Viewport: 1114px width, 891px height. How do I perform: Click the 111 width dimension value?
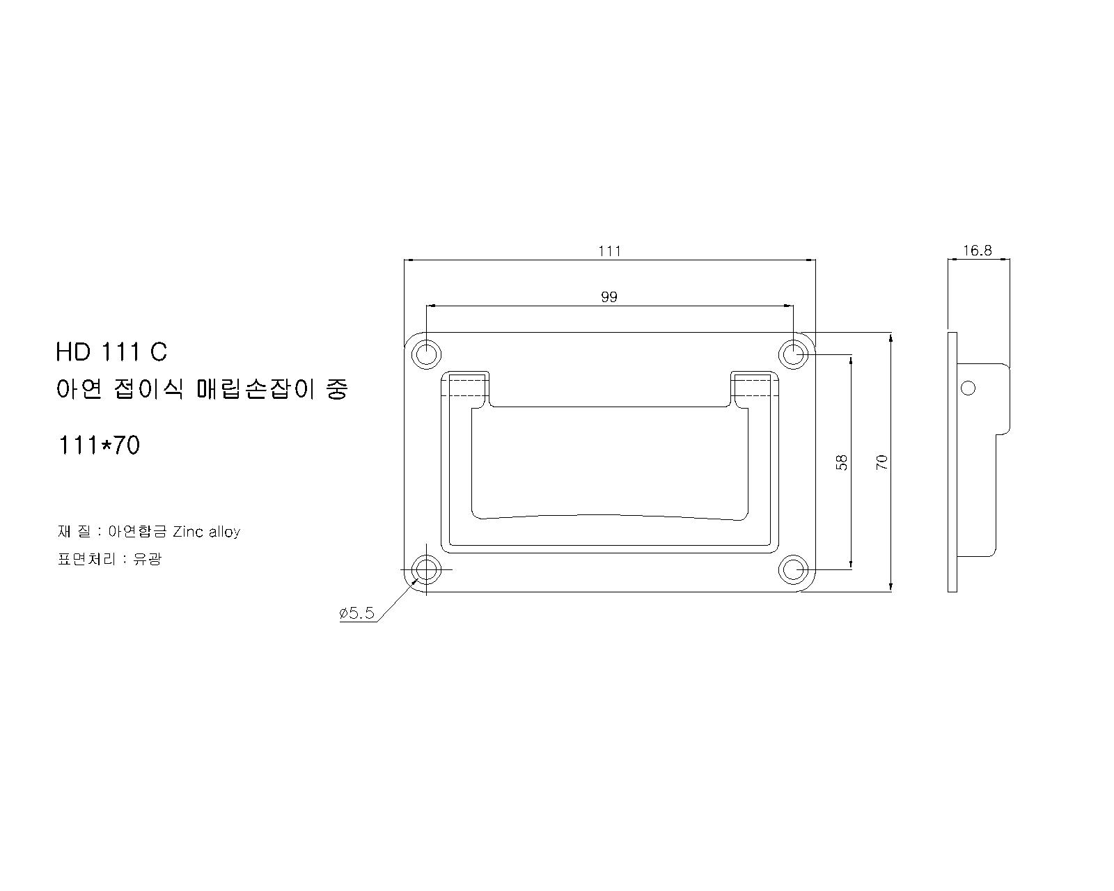point(609,251)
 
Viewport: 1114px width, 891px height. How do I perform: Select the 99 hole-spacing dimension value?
point(609,297)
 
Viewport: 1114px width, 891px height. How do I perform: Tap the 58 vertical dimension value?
point(842,462)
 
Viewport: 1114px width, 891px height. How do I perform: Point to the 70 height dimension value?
point(882,462)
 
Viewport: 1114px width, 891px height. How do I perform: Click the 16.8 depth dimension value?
point(978,251)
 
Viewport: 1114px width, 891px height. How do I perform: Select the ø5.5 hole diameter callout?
point(356,613)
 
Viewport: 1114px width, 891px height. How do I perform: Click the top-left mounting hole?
point(426,354)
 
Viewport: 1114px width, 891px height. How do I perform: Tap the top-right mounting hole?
point(793,354)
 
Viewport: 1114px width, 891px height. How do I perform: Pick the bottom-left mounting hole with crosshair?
point(426,569)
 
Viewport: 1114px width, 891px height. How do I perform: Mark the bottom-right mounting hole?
point(793,569)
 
